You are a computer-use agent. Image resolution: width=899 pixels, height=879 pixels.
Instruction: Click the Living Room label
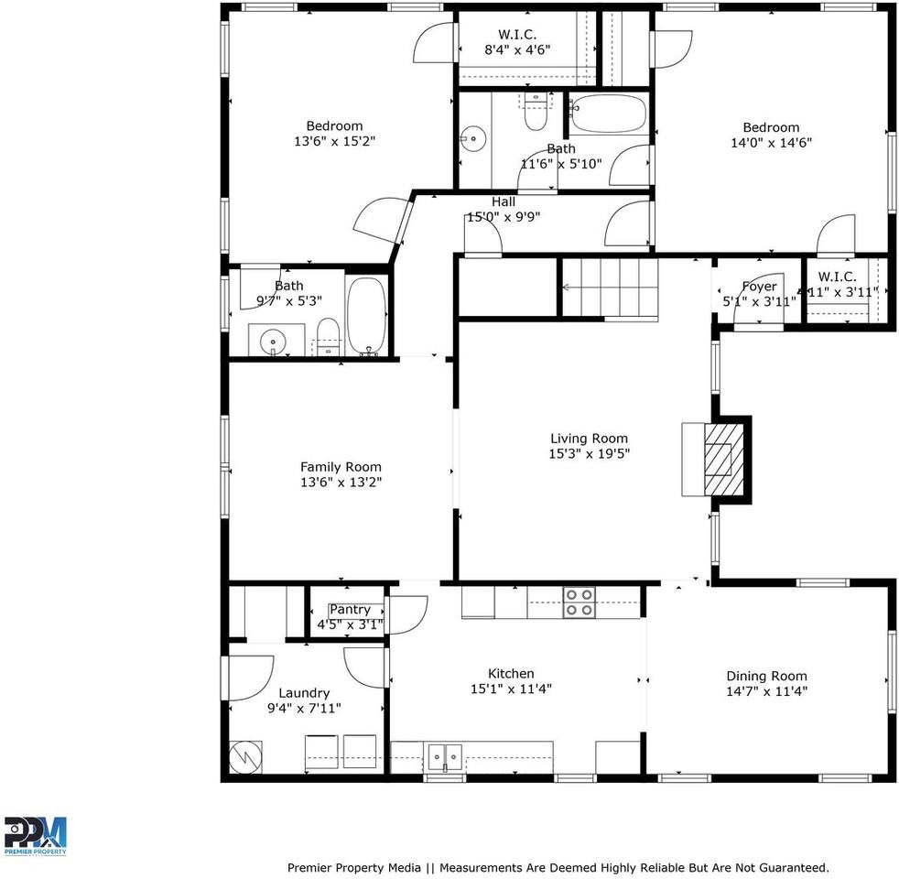tap(589, 439)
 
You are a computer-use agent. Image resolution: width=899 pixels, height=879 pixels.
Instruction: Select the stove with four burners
tap(579, 602)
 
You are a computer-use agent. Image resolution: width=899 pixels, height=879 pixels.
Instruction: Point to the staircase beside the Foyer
tap(610, 288)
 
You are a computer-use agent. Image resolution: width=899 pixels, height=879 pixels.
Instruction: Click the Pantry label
tap(350, 610)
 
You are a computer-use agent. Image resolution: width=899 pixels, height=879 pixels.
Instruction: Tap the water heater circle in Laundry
tap(245, 756)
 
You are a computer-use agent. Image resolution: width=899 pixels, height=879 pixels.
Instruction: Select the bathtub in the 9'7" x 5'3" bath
tap(367, 316)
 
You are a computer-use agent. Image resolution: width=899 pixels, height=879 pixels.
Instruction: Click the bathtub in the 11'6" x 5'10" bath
tap(608, 114)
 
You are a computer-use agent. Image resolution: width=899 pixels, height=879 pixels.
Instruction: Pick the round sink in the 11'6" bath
tap(472, 140)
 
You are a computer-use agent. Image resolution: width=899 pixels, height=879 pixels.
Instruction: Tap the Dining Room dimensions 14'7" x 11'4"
tap(766, 691)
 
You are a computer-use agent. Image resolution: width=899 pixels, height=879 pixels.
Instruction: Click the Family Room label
tap(341, 467)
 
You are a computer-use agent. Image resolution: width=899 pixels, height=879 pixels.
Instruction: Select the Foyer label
tap(759, 287)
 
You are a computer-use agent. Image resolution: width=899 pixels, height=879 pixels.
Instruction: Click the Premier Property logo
tap(36, 835)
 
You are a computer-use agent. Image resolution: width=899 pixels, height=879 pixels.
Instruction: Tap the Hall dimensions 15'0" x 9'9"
tap(504, 217)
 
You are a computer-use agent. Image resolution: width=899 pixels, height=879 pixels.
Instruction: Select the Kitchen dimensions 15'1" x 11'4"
tap(511, 689)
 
